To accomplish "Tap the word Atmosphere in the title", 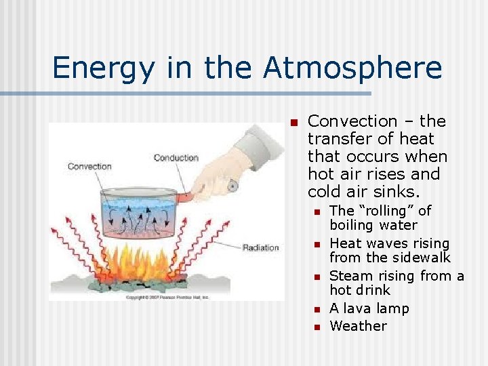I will [352, 68].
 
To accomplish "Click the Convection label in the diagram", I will [89, 166].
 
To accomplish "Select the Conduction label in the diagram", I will [176, 158].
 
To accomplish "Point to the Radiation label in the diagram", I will [260, 247].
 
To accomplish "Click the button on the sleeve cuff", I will [232, 185].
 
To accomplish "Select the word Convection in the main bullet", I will [352, 122].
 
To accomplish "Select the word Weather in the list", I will [358, 326].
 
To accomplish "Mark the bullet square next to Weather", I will [316, 327].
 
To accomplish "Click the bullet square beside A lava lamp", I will [316, 310].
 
